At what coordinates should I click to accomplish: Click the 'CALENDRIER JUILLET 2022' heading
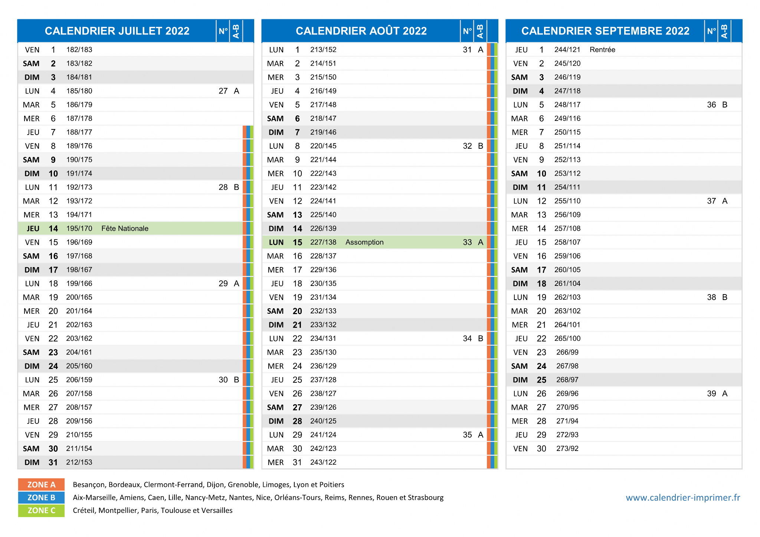(117, 31)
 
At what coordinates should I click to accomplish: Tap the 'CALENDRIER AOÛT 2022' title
(361, 31)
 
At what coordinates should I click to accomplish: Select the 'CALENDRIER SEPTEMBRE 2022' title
(605, 31)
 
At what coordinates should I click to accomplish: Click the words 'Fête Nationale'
(125, 228)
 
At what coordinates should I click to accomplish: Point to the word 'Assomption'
(364, 242)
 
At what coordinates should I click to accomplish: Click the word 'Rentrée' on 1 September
(602, 50)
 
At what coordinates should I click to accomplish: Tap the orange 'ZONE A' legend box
(41, 485)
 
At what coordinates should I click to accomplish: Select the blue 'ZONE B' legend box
(41, 498)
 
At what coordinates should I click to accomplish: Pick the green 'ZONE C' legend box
(41, 511)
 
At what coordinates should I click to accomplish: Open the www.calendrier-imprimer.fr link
(683, 498)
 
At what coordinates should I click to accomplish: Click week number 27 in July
(223, 91)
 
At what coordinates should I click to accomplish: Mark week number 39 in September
(711, 393)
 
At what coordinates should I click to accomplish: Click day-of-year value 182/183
(79, 50)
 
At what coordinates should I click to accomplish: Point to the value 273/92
(567, 449)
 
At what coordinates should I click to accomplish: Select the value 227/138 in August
(323, 242)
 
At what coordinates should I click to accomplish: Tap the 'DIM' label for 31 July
(32, 462)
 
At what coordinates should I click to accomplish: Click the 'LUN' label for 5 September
(520, 105)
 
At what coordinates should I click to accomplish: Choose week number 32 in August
(467, 146)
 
